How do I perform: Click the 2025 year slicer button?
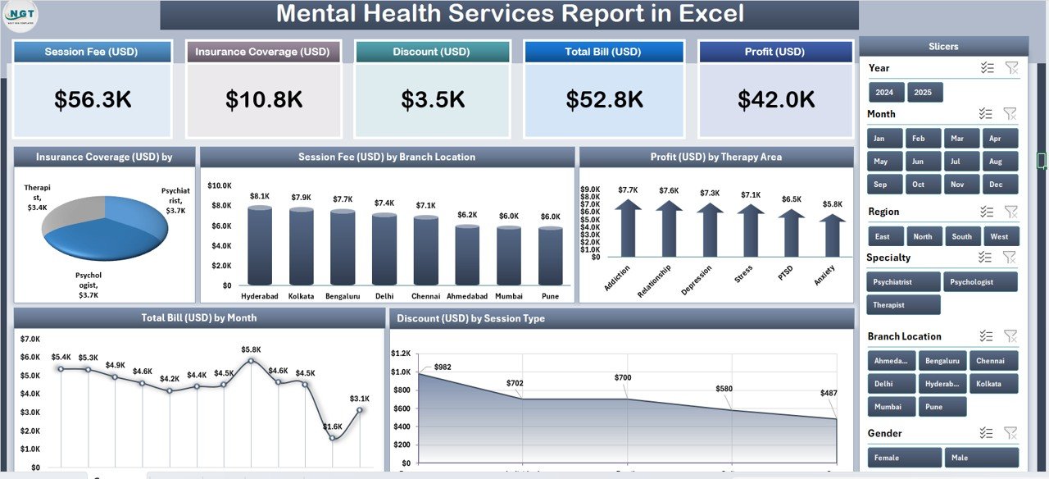(923, 92)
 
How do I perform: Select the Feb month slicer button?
(919, 139)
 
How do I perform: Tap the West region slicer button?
(999, 236)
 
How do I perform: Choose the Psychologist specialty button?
(980, 282)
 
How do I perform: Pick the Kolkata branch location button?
(993, 383)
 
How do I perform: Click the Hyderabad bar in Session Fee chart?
(260, 246)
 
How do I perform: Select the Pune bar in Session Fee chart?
(551, 256)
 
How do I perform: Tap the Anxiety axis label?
(824, 276)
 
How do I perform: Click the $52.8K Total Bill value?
(603, 99)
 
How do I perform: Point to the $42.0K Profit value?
(775, 99)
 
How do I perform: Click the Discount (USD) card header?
(431, 52)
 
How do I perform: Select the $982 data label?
(443, 367)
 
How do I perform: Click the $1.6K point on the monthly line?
(333, 437)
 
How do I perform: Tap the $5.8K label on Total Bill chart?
(251, 349)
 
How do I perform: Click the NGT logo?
(20, 16)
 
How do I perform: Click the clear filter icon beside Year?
(1012, 68)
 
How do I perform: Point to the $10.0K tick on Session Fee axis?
(219, 185)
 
